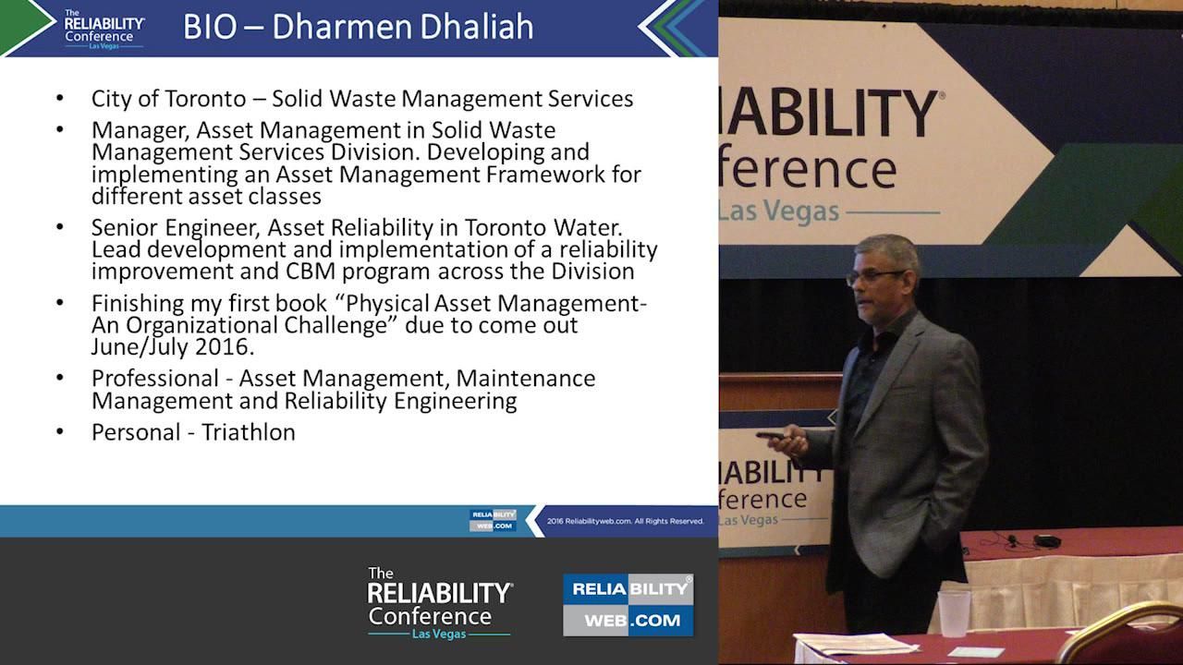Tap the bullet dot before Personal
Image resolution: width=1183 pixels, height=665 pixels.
(x=60, y=431)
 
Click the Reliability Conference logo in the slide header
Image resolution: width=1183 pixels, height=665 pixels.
(x=104, y=28)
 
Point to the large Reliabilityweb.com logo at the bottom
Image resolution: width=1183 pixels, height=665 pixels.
(x=628, y=605)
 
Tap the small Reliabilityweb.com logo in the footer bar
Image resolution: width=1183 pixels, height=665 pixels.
(x=493, y=520)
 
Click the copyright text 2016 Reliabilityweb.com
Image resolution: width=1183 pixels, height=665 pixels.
(x=626, y=521)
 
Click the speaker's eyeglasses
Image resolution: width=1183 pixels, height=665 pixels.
(x=872, y=276)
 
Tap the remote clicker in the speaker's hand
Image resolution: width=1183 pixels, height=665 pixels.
(x=771, y=435)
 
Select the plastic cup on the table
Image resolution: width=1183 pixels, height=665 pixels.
(x=954, y=613)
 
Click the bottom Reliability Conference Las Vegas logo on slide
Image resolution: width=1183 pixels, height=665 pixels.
(x=439, y=602)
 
